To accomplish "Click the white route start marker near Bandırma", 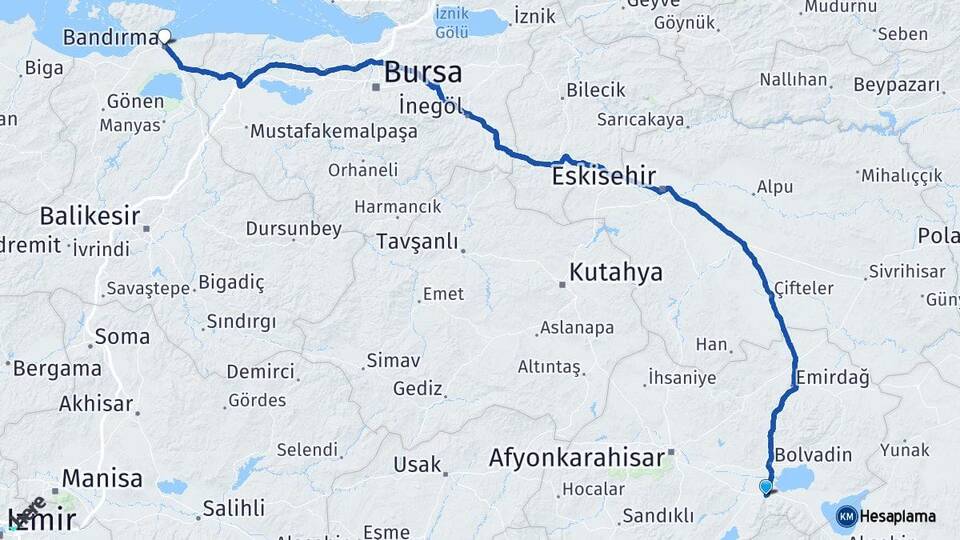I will pyautogui.click(x=164, y=38).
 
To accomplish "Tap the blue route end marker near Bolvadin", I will pyautogui.click(x=766, y=487).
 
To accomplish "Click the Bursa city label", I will pyautogui.click(x=423, y=73).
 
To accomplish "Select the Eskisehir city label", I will pyautogui.click(x=604, y=176).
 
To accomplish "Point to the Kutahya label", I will pyautogui.click(x=616, y=272).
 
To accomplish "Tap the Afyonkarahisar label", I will pyautogui.click(x=577, y=459).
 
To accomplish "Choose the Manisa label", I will pyautogui.click(x=103, y=479).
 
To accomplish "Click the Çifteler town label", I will pyautogui.click(x=803, y=288).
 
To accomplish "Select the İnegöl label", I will pyautogui.click(x=430, y=104).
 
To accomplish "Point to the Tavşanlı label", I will pyautogui.click(x=417, y=242).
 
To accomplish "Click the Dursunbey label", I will pyautogui.click(x=293, y=229).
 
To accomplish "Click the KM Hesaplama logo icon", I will pyautogui.click(x=846, y=517).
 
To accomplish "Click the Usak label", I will pyautogui.click(x=417, y=465).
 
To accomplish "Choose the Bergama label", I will pyautogui.click(x=58, y=368).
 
